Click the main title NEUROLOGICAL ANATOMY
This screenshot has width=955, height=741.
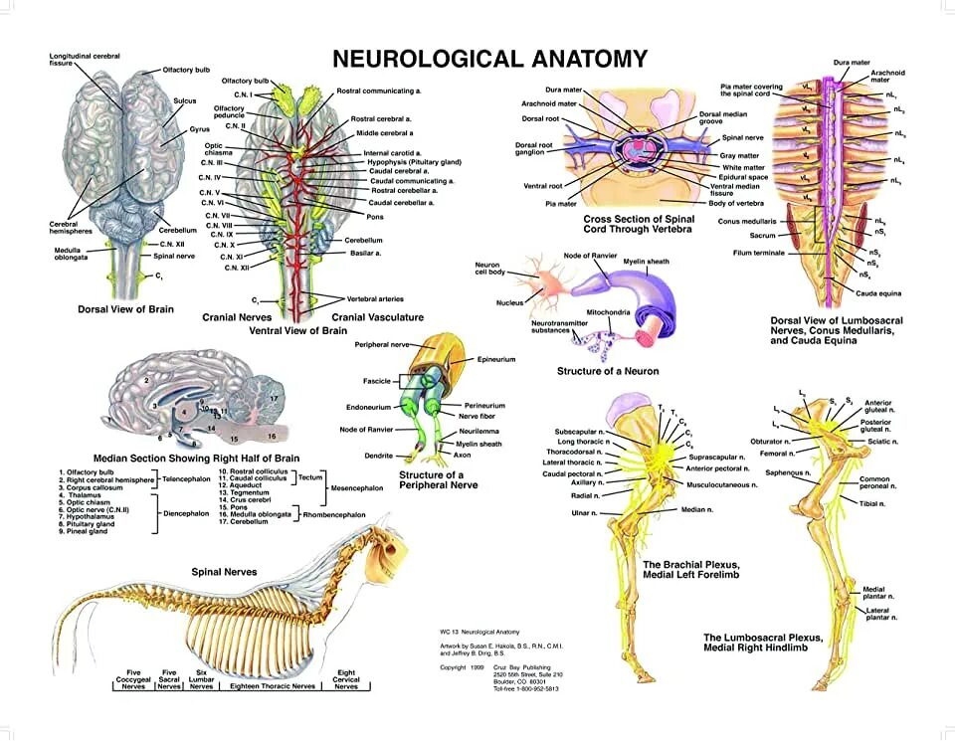pyautogui.click(x=488, y=59)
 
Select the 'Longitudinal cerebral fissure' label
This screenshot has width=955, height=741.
pyautogui.click(x=85, y=60)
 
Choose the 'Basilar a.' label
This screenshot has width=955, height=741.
pyautogui.click(x=364, y=253)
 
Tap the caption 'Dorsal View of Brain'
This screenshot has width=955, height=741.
pyautogui.click(x=125, y=309)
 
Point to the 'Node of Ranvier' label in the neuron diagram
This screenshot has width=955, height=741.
pyautogui.click(x=592, y=257)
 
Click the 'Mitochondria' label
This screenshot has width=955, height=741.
pyautogui.click(x=606, y=311)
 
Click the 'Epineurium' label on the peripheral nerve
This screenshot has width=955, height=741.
pyautogui.click(x=496, y=358)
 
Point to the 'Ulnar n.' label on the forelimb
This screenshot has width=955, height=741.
pyautogui.click(x=584, y=512)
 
